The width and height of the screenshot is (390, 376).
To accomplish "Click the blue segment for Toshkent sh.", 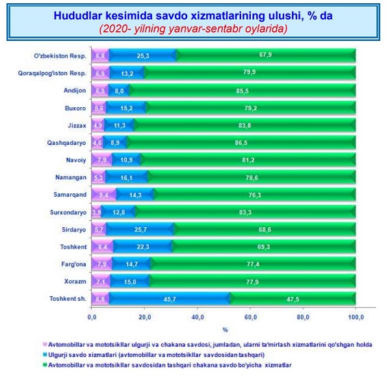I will pyautogui.click(x=169, y=298).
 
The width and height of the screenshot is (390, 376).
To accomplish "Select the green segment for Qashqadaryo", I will pyautogui.click(x=240, y=142).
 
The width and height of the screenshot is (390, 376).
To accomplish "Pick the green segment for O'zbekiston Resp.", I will pyautogui.click(x=266, y=55).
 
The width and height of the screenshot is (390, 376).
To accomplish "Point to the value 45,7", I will pyautogui.click(x=168, y=298).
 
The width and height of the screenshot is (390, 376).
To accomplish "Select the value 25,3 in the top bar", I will pyautogui.click(x=143, y=55).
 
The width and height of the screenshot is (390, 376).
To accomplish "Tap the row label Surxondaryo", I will pyautogui.click(x=65, y=211).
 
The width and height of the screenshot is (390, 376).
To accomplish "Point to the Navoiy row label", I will pyautogui.click(x=75, y=159).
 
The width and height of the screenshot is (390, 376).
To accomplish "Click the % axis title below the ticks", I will pyautogui.click(x=224, y=330).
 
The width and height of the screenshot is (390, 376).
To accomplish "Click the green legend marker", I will pyautogui.click(x=45, y=366).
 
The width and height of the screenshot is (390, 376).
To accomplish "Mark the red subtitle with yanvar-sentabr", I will pyautogui.click(x=194, y=29).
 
